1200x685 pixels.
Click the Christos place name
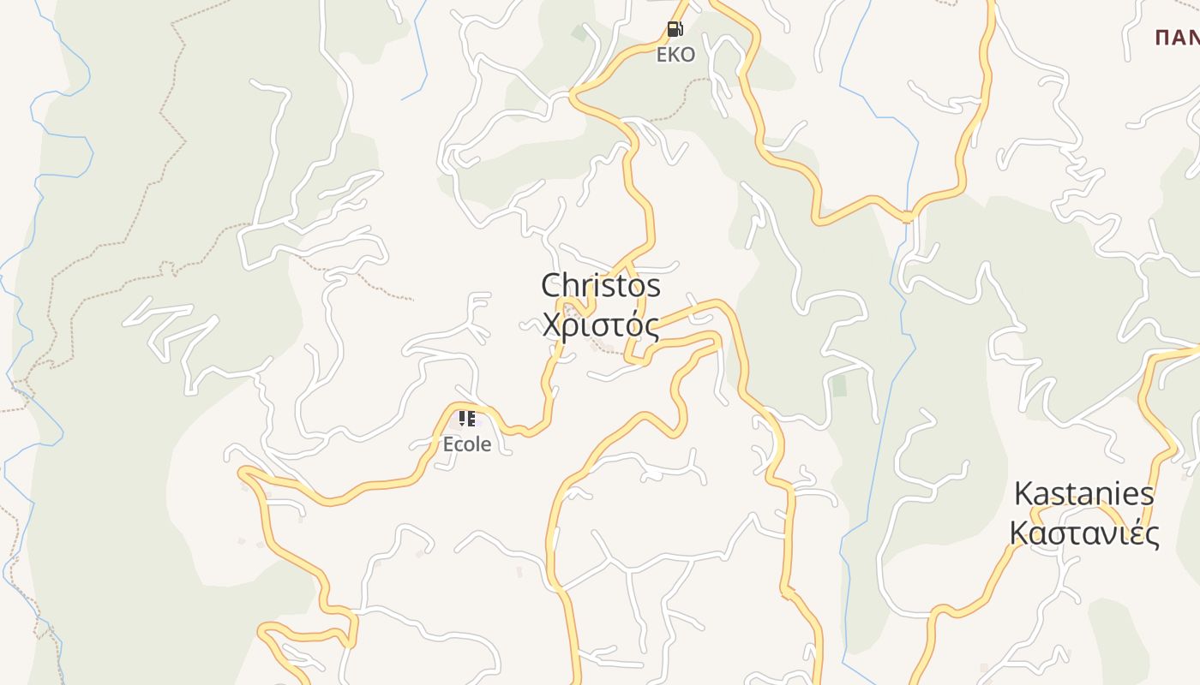point(601,285)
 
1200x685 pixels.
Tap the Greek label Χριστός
point(601,325)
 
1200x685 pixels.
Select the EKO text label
point(675,55)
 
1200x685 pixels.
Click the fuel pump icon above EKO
point(675,30)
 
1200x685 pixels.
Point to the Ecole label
point(467,444)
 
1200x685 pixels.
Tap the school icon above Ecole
point(467,419)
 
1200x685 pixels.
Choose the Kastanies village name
point(1084,494)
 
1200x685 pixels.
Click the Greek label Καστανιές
point(1084,533)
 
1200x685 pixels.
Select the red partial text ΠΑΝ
point(1177,38)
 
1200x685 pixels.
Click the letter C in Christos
point(553,285)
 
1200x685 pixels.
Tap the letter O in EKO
point(687,55)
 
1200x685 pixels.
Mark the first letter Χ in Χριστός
point(553,326)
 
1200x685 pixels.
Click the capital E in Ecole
point(447,444)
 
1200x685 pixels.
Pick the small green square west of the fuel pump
point(579,34)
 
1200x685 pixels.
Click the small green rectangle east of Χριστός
point(839,386)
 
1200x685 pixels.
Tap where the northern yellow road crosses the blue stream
point(907,217)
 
